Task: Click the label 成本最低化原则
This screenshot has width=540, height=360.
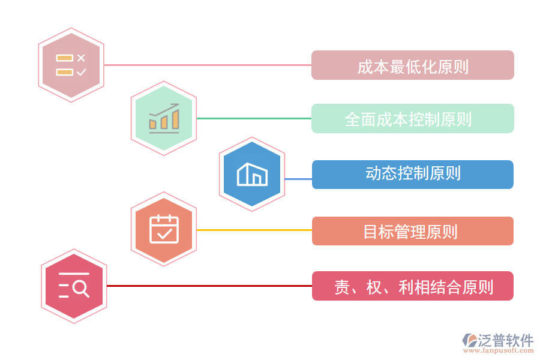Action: pyautogui.click(x=412, y=65)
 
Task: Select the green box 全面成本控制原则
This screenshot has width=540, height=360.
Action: pyautogui.click(x=412, y=119)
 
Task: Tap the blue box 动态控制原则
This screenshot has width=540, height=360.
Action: pyautogui.click(x=412, y=175)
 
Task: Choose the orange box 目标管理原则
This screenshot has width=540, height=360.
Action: pyautogui.click(x=412, y=231)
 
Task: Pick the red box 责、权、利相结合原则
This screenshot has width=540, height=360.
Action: pyautogui.click(x=412, y=286)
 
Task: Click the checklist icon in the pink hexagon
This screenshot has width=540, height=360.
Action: pyautogui.click(x=71, y=65)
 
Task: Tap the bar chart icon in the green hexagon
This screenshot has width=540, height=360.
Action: pyautogui.click(x=164, y=119)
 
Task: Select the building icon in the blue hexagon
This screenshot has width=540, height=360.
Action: pyautogui.click(x=252, y=174)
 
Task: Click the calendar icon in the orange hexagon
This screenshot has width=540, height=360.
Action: pyautogui.click(x=164, y=229)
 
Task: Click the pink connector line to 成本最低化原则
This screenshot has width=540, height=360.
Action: pyautogui.click(x=207, y=65)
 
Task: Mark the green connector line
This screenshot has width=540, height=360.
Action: pyautogui.click(x=253, y=118)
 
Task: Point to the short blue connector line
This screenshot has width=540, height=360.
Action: pyautogui.click(x=298, y=179)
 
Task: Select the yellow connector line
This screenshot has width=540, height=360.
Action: pyautogui.click(x=253, y=230)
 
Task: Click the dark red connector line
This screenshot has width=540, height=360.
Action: pyautogui.click(x=209, y=286)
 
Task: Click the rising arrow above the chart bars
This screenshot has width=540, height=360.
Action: pyautogui.click(x=166, y=110)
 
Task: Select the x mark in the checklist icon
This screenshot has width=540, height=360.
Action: pyautogui.click(x=82, y=58)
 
